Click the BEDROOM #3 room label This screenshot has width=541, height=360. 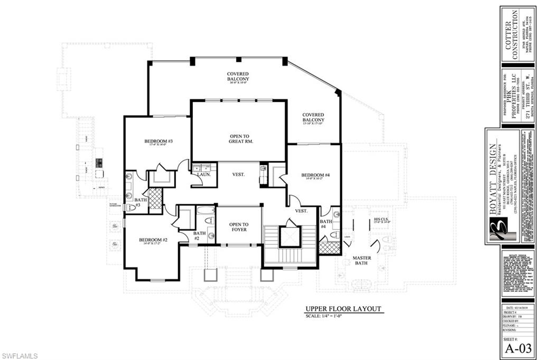click(159, 141)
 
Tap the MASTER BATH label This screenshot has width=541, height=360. click(361, 261)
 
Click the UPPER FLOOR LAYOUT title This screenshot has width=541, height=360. click(343, 309)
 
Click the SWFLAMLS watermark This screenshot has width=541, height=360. click(20, 356)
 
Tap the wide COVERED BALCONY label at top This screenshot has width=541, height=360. click(238, 77)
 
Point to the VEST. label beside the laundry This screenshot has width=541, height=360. click(238, 174)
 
